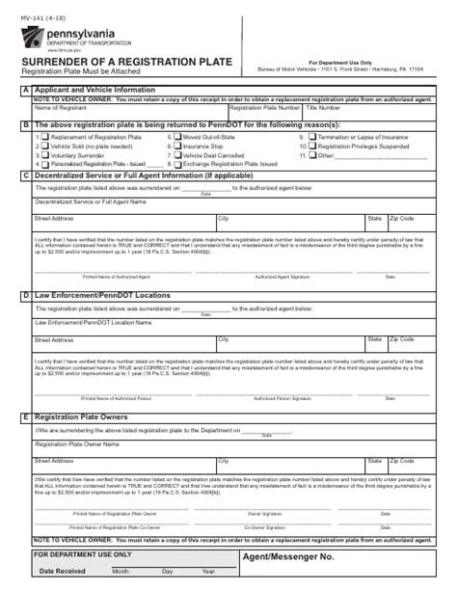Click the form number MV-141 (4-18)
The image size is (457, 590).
pyautogui.click(x=40, y=12)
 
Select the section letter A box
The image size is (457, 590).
pyautogui.click(x=25, y=90)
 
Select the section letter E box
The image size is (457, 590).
pyautogui.click(x=25, y=417)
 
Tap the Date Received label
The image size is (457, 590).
pyautogui.click(x=63, y=572)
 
